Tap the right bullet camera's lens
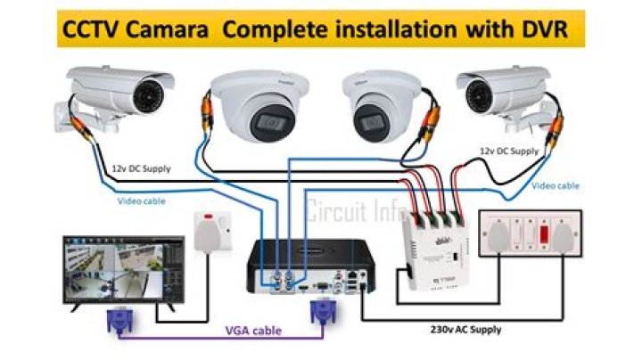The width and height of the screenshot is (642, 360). [x=477, y=91]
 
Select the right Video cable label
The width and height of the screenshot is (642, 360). [x=556, y=186]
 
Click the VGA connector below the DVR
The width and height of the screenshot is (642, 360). [x=322, y=313]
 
